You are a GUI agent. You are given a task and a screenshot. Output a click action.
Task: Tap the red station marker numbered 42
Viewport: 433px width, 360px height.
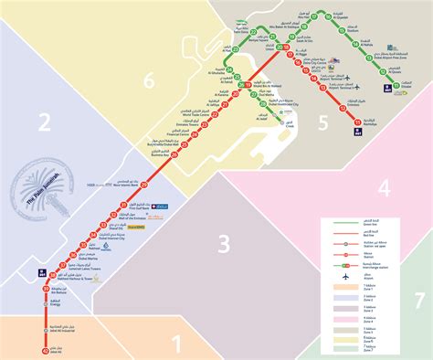(x=46, y=350)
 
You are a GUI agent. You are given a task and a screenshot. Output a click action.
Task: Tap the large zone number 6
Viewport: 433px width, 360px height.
(x=148, y=82)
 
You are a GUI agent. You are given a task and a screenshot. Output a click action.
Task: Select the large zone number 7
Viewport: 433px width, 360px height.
(x=418, y=300)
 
